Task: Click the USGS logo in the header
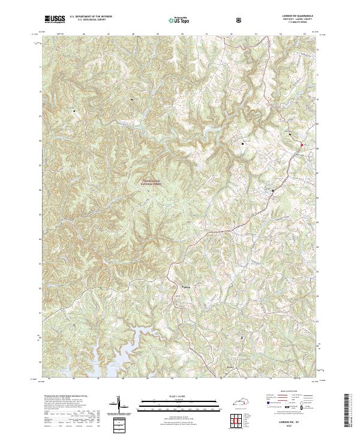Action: [x=55, y=19]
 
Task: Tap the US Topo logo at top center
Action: [x=175, y=19]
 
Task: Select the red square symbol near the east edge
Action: [x=302, y=145]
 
